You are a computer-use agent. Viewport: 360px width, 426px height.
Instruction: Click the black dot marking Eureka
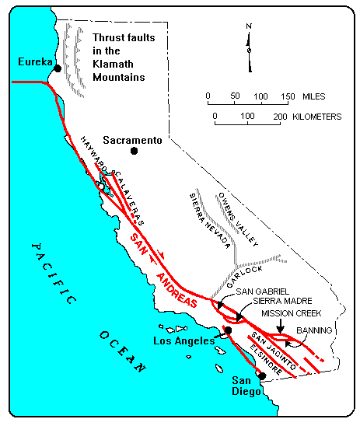coord(58,69)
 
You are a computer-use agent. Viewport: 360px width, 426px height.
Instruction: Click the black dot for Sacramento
coord(134,152)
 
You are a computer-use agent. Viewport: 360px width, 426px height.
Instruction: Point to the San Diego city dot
coord(262,375)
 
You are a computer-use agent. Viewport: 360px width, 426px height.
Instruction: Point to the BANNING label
coord(320,330)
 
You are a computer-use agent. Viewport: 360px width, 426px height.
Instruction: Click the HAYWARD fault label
coord(93,149)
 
